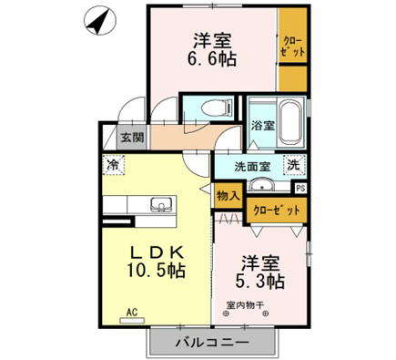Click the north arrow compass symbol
tap(100, 21)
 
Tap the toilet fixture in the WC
tap(217, 108)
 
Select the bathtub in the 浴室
tap(291, 123)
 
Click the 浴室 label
tap(263, 125)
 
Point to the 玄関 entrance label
tap(132, 138)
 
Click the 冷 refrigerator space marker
tap(113, 165)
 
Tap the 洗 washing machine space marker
tap(294, 165)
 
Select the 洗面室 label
tap(252, 167)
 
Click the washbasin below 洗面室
tap(260, 185)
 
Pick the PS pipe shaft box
tap(300, 189)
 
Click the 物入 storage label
tap(228, 196)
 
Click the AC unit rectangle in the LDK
tap(132, 321)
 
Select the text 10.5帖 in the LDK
tap(156, 270)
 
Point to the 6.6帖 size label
tap(212, 58)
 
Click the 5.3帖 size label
tap(260, 281)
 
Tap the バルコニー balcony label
tap(213, 343)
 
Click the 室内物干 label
tap(245, 304)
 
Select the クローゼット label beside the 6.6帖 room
tap(292, 46)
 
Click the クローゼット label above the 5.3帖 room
tap(277, 210)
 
